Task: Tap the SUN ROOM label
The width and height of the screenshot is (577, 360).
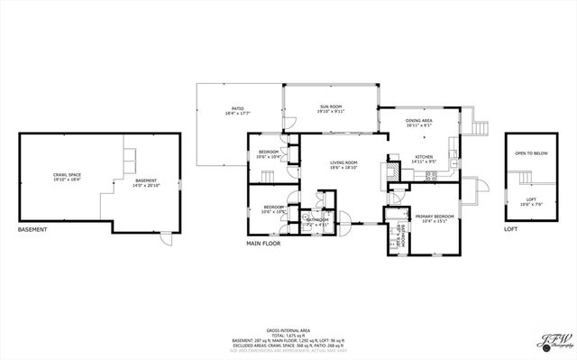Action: click(330, 107)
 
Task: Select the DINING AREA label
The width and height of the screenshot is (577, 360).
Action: click(419, 121)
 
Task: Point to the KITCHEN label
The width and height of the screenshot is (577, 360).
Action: click(424, 156)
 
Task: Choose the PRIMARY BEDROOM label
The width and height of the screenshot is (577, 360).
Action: click(433, 217)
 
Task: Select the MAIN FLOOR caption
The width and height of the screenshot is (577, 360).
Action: click(264, 244)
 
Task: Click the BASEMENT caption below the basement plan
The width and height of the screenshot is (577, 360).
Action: click(32, 230)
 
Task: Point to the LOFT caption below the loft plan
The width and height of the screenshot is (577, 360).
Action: click(510, 230)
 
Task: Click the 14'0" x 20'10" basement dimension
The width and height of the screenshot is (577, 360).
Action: click(147, 185)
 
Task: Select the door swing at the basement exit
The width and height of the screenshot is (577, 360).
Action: click(165, 239)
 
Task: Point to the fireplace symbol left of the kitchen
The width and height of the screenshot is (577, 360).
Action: click(392, 170)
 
